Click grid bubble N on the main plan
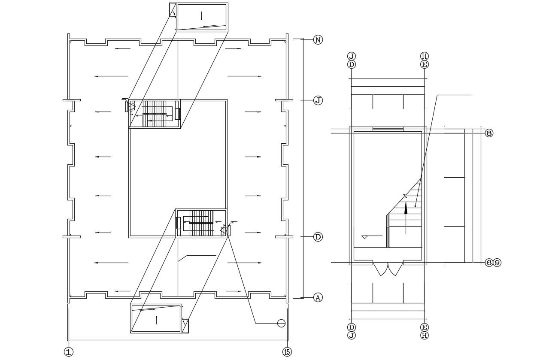(x=318, y=40)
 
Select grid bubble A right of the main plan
(x=318, y=297)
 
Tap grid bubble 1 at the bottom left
(x=68, y=352)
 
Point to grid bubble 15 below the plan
(x=287, y=352)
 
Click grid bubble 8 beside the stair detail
(x=489, y=133)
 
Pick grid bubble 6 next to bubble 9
(x=489, y=263)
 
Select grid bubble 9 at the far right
(x=497, y=263)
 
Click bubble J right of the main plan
(x=318, y=100)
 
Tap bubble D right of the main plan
(x=318, y=237)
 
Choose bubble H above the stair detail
(x=424, y=56)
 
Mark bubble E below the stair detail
(x=424, y=327)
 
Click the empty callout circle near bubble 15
(x=281, y=323)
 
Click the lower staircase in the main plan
(x=201, y=223)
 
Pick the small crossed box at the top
(x=173, y=10)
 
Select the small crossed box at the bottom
(x=185, y=326)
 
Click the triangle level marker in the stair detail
(x=365, y=237)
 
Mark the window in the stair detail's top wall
(x=388, y=129)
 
